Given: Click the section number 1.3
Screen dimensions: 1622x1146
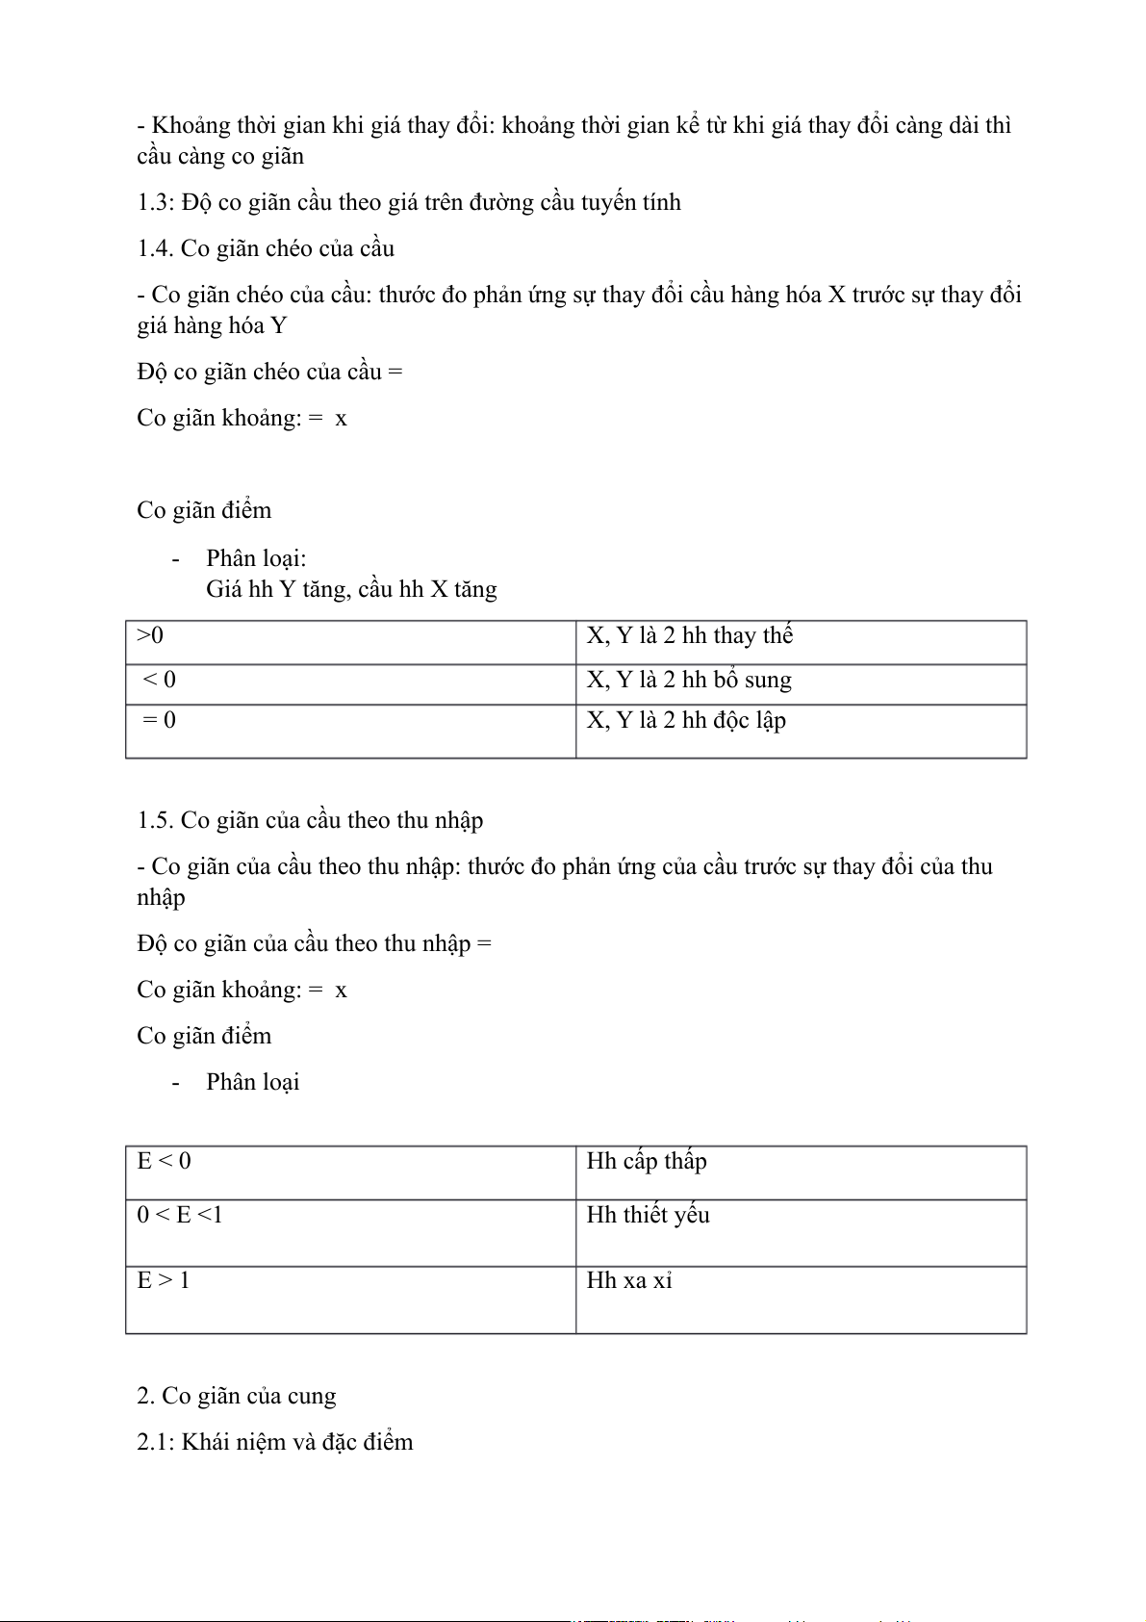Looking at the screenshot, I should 153,203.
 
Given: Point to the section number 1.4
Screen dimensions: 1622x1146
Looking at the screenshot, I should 154,249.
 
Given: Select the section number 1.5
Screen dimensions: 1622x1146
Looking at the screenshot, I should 154,821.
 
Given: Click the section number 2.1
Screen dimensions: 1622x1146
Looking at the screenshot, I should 154,1443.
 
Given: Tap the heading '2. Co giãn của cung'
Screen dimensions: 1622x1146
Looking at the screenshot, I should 237,1397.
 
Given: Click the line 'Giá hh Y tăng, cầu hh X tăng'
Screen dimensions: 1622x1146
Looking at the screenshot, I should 351,590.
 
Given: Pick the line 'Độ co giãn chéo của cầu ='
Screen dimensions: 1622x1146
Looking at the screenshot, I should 269,373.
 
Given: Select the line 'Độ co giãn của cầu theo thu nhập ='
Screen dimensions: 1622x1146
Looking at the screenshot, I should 314,944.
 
